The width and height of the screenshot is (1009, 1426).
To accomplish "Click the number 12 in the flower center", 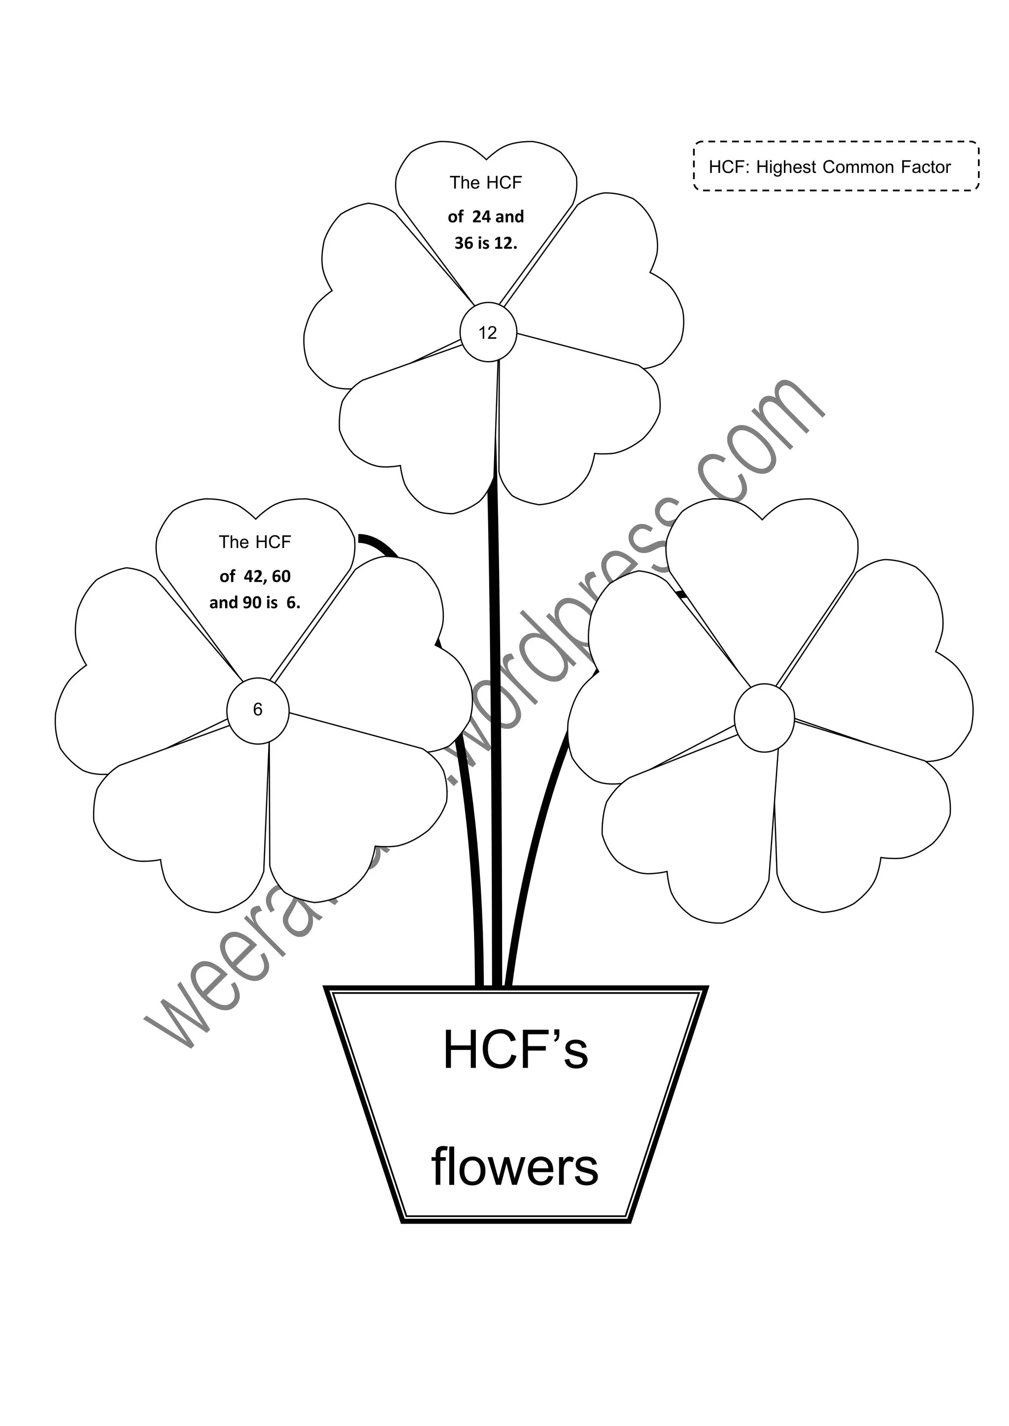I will [488, 333].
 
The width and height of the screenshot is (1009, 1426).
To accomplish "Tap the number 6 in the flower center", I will [258, 710].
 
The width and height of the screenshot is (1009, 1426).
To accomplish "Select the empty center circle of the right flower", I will [764, 717].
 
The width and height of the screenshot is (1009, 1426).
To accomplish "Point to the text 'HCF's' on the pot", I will [515, 1050].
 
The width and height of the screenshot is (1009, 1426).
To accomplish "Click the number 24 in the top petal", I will [481, 217].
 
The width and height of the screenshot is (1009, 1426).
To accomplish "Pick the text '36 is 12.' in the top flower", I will [486, 243].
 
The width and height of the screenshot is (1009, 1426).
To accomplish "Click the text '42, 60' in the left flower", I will [267, 577].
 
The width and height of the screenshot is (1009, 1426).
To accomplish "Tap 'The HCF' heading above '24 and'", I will [486, 183].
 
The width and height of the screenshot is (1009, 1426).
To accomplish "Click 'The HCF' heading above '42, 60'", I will [255, 542].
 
